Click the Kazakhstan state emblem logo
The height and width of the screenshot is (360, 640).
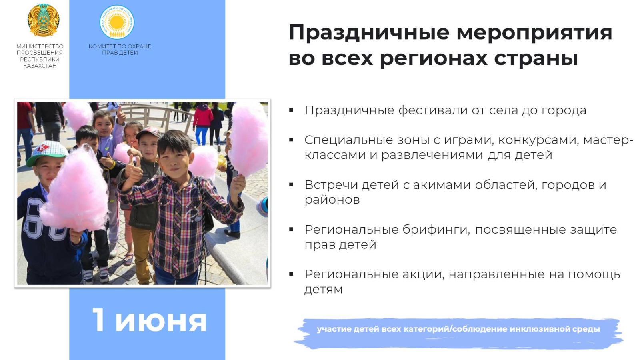click(x=44, y=20)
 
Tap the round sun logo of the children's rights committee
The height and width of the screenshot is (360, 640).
click(x=117, y=22)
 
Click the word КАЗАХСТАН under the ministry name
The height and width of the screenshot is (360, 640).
click(x=40, y=66)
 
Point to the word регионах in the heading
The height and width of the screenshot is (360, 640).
click(x=434, y=58)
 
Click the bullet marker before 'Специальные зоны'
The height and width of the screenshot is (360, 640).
click(x=291, y=140)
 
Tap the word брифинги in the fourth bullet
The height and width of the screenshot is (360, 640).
click(x=436, y=230)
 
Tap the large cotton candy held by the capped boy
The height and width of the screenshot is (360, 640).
click(x=74, y=190)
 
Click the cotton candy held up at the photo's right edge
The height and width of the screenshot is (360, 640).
click(x=249, y=140)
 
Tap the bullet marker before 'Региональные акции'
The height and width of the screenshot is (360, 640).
click(x=291, y=274)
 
